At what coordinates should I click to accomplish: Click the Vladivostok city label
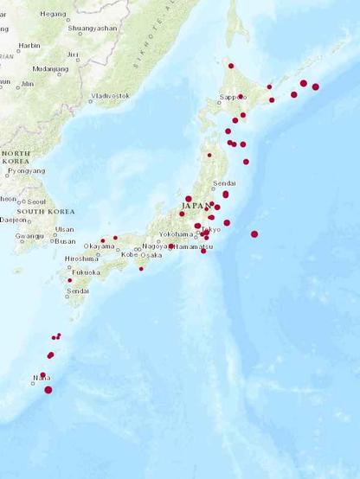[x=111, y=95]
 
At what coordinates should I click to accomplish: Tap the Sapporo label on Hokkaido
[x=233, y=98]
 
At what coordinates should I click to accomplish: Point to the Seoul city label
[x=35, y=200]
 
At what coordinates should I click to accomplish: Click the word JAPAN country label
[x=196, y=207]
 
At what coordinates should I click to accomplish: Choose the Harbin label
[x=29, y=45]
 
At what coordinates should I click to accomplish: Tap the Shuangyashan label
[x=92, y=28]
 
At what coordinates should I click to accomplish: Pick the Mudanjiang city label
[x=50, y=68]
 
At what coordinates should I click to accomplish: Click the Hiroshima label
[x=81, y=259]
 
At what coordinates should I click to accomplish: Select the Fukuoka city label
[x=87, y=271]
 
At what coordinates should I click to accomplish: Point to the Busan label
[x=64, y=241]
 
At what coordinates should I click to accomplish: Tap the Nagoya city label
[x=156, y=246]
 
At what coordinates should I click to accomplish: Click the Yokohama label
[x=176, y=233]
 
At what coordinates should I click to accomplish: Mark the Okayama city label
[x=100, y=246]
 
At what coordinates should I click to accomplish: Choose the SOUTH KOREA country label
[x=45, y=211]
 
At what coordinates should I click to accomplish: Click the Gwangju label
[x=29, y=236]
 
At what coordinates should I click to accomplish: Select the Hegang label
[x=53, y=14]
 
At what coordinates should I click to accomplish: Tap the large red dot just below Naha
[x=48, y=390]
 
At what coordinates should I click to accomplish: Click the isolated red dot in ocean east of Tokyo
[x=254, y=234]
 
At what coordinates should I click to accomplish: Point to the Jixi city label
[x=73, y=54]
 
